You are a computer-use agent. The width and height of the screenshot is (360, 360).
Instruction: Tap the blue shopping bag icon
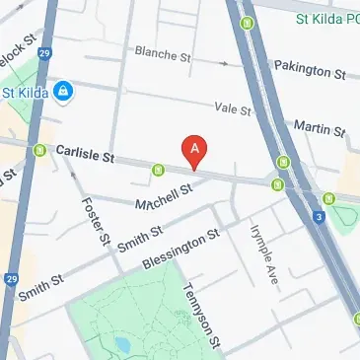62,92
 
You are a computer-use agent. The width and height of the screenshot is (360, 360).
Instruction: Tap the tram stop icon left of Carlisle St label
40,151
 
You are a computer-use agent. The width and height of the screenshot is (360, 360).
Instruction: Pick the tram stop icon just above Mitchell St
158,171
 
